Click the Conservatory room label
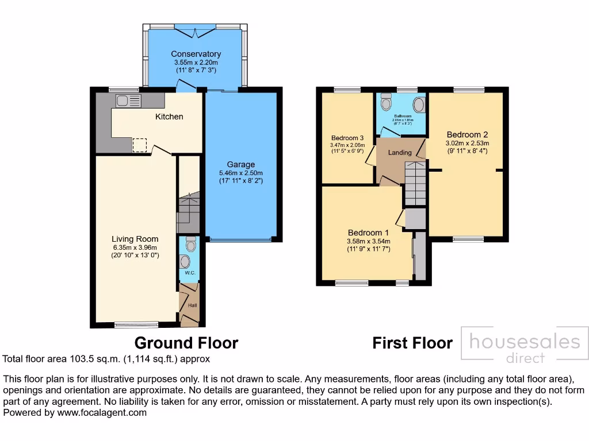(x=196, y=54)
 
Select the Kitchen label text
(x=169, y=117)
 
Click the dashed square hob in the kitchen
(x=140, y=145)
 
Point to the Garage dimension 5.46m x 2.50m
(x=240, y=173)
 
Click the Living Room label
(x=135, y=239)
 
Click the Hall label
(x=192, y=305)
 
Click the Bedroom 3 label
(x=347, y=138)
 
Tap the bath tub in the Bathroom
(x=419, y=105)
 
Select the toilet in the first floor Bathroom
(x=386, y=103)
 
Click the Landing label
(x=400, y=153)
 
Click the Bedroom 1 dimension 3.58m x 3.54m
(x=369, y=241)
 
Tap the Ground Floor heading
(x=186, y=343)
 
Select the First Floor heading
(x=412, y=343)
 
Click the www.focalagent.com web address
(x=101, y=412)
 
